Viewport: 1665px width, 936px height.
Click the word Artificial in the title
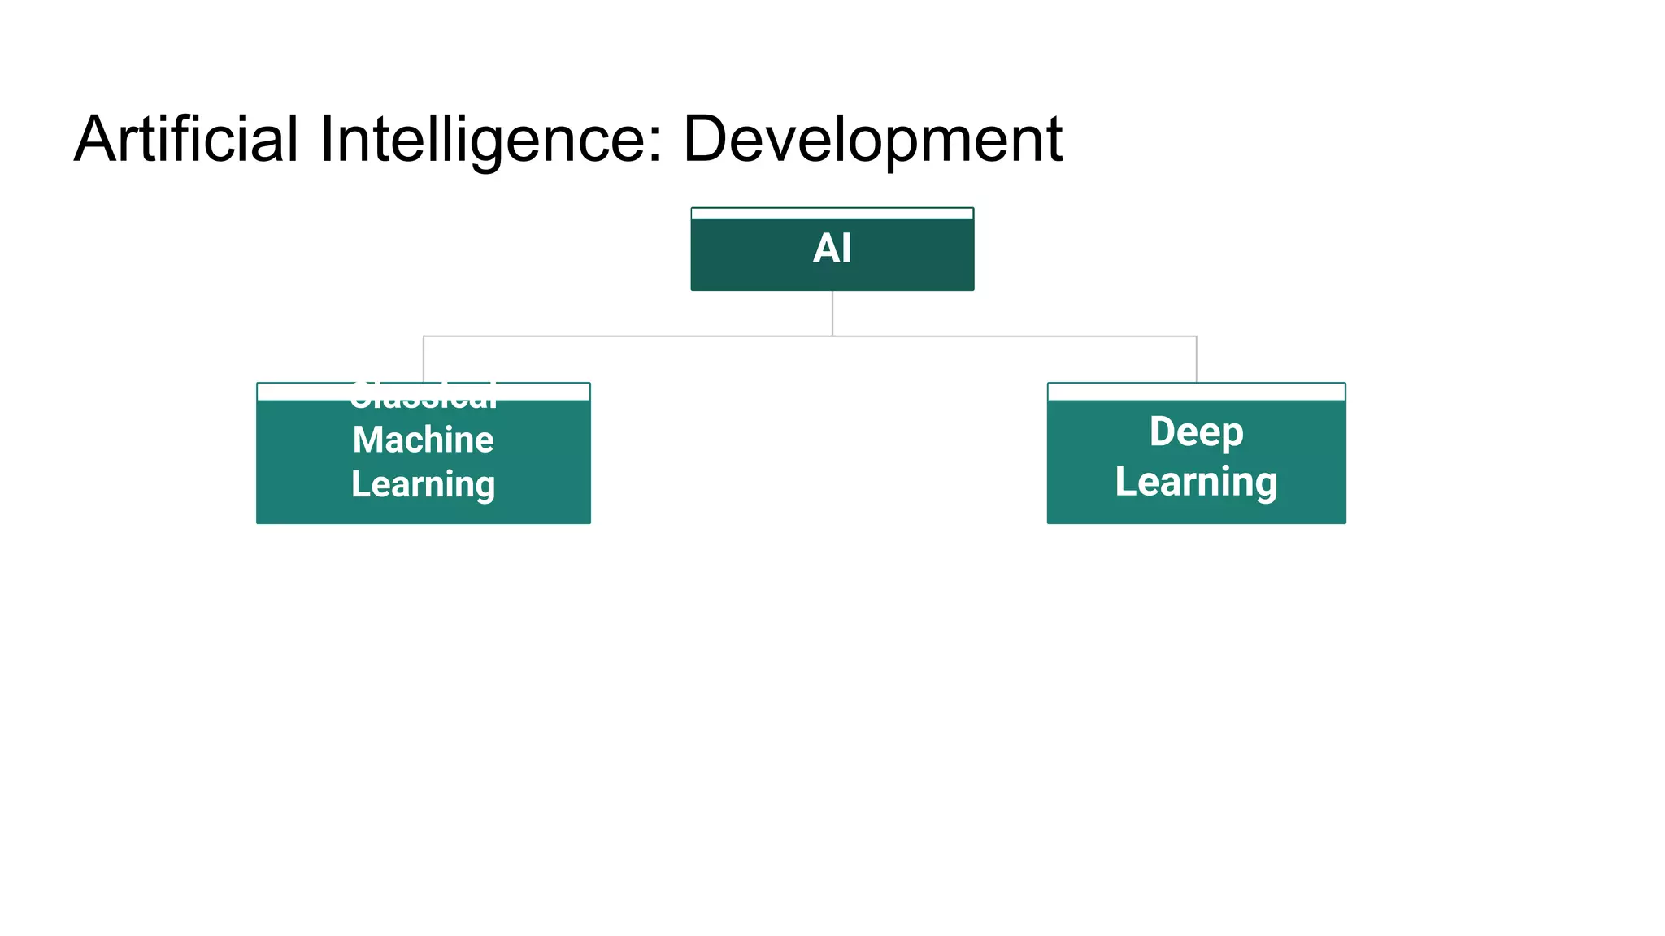tap(186, 139)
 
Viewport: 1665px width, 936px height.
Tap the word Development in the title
tap(872, 139)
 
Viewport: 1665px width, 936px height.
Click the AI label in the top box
tap(832, 249)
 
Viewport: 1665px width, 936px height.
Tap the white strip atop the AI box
tap(832, 214)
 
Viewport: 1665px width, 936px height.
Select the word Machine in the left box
tap(423, 440)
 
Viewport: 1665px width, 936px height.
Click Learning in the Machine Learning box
tap(423, 484)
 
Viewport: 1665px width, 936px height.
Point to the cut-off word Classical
tap(423, 396)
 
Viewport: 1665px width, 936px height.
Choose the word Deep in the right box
tap(1196, 431)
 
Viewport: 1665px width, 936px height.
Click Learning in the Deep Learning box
tap(1196, 481)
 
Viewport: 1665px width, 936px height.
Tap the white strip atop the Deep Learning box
tap(1196, 392)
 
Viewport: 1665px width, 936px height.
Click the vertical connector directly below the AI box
tap(832, 313)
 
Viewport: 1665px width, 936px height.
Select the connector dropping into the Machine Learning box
tap(424, 359)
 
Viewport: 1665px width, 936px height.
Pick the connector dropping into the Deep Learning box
tap(1197, 359)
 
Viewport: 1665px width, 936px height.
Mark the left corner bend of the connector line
tap(424, 336)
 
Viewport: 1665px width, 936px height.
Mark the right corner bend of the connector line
tap(1197, 336)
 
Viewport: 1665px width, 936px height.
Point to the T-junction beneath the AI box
tap(832, 336)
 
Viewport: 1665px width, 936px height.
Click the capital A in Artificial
tap(95, 139)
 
